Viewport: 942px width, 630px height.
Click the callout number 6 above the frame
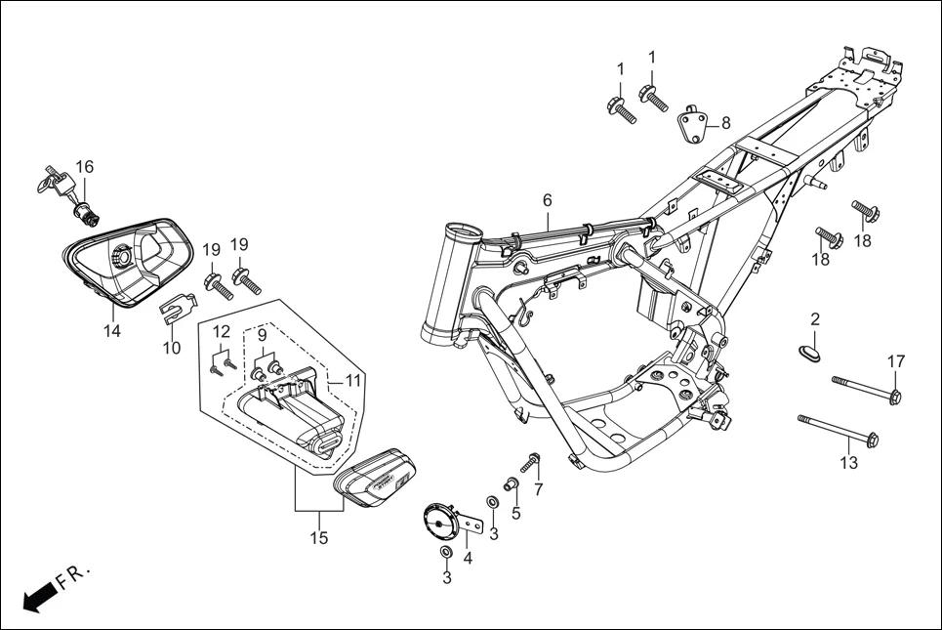548,200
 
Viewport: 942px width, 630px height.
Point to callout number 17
895,361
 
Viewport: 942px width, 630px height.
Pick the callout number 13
849,462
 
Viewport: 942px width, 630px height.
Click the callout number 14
112,331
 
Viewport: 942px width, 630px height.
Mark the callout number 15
319,537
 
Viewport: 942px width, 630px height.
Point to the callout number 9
262,335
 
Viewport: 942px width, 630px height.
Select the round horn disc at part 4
442,522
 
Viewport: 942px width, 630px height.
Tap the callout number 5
516,512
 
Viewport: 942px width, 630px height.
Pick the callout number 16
85,167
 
